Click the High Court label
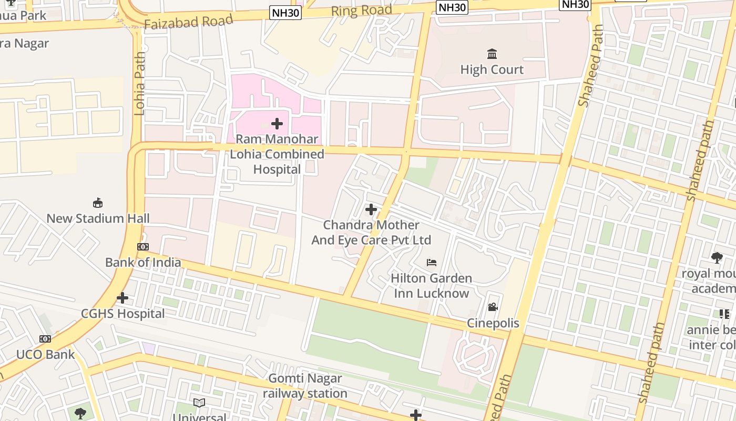tap(492, 69)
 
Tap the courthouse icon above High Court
tap(492, 54)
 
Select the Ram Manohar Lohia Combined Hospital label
tap(277, 154)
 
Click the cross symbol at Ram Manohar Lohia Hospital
tap(277, 124)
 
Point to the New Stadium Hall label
tap(98, 218)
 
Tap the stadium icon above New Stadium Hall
tap(97, 203)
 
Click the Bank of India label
tap(143, 262)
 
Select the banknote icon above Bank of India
tap(143, 247)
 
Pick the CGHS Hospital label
tap(122, 314)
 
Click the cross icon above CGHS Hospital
tap(122, 298)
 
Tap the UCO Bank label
tap(45, 354)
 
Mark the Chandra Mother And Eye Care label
tap(371, 233)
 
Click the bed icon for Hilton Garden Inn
tap(431, 262)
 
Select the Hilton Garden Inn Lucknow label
tap(431, 285)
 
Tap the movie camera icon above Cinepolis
tap(493, 307)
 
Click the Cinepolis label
tap(493, 323)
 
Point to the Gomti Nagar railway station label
tap(305, 386)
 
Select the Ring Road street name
tap(362, 10)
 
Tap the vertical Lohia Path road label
tap(140, 83)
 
